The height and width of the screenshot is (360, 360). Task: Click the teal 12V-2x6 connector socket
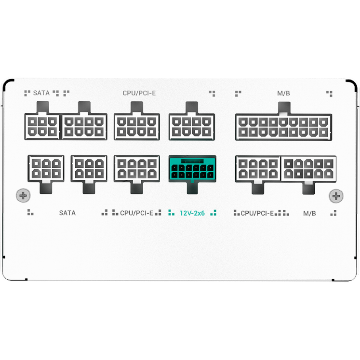[x=192, y=169]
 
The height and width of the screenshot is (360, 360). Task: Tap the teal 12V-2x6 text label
[x=192, y=213]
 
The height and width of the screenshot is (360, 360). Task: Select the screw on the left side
[x=23, y=196]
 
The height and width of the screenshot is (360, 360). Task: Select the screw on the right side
[x=336, y=196]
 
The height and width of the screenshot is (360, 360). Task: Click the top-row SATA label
[x=41, y=93]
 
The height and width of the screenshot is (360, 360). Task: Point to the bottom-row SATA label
[x=67, y=213]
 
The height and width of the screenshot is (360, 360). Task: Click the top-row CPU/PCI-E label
[x=139, y=93]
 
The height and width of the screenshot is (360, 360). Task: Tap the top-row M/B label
[x=283, y=93]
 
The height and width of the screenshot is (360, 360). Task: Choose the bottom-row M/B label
[x=309, y=213]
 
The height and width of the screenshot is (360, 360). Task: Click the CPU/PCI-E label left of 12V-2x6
[x=136, y=213]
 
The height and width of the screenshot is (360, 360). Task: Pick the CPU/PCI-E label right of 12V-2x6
[x=257, y=213]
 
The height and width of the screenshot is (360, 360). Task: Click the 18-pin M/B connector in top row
[x=283, y=127]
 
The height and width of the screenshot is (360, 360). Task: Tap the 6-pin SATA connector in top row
[x=42, y=127]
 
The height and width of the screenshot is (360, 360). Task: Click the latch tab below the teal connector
[x=192, y=188]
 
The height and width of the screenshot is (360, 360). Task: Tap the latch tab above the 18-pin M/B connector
[x=284, y=108]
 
